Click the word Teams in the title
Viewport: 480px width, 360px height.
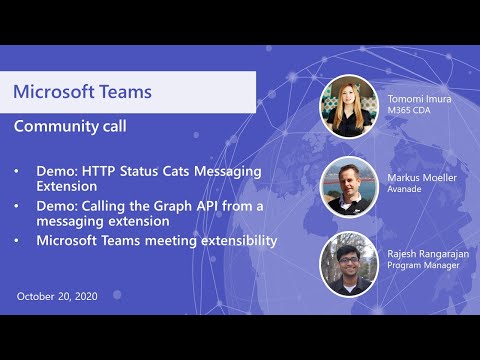point(126,92)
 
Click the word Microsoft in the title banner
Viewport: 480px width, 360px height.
point(55,92)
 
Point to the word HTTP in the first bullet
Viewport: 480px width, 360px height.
point(99,171)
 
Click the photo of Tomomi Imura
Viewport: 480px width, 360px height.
point(348,106)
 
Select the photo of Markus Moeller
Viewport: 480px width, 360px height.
point(348,185)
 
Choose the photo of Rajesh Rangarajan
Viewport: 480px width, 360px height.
point(348,263)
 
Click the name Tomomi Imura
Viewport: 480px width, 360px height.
point(418,99)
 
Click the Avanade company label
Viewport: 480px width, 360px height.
point(405,189)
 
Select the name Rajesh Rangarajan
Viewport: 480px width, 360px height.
point(427,255)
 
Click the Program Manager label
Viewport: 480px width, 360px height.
point(418,267)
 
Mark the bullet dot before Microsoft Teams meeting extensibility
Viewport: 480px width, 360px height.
point(17,241)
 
